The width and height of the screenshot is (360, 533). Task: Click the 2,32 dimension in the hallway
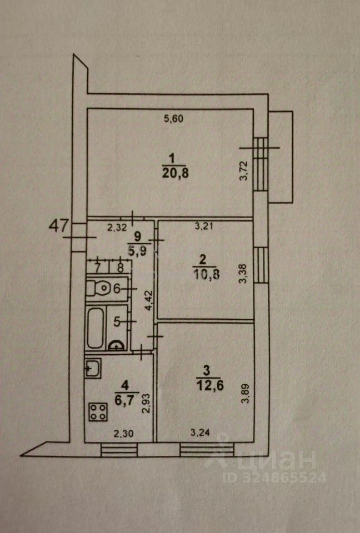pos(117,227)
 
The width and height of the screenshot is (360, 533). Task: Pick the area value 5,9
pos(137,250)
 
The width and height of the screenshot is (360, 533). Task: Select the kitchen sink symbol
pos(92,368)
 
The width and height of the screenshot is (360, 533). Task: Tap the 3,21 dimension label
pos(204,226)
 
